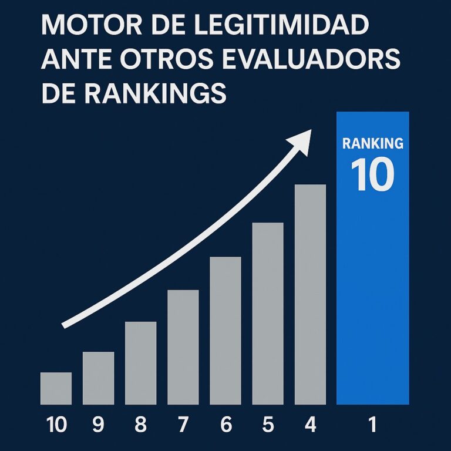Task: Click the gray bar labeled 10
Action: pyautogui.click(x=56, y=388)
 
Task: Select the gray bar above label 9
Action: pyautogui.click(x=98, y=378)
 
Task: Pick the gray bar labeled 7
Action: pyautogui.click(x=183, y=347)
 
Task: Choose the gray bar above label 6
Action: pyautogui.click(x=225, y=331)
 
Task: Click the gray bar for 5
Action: pyautogui.click(x=267, y=314)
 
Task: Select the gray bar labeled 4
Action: pyautogui.click(x=310, y=294)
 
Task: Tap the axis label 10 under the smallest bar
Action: pyautogui.click(x=56, y=425)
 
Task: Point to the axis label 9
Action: pyautogui.click(x=98, y=425)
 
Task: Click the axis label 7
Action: pyautogui.click(x=183, y=425)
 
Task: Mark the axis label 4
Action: pyautogui.click(x=310, y=425)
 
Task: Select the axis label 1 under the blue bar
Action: pyautogui.click(x=372, y=425)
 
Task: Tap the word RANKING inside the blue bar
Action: pyautogui.click(x=372, y=143)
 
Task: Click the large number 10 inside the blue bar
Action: pyautogui.click(x=372, y=174)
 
